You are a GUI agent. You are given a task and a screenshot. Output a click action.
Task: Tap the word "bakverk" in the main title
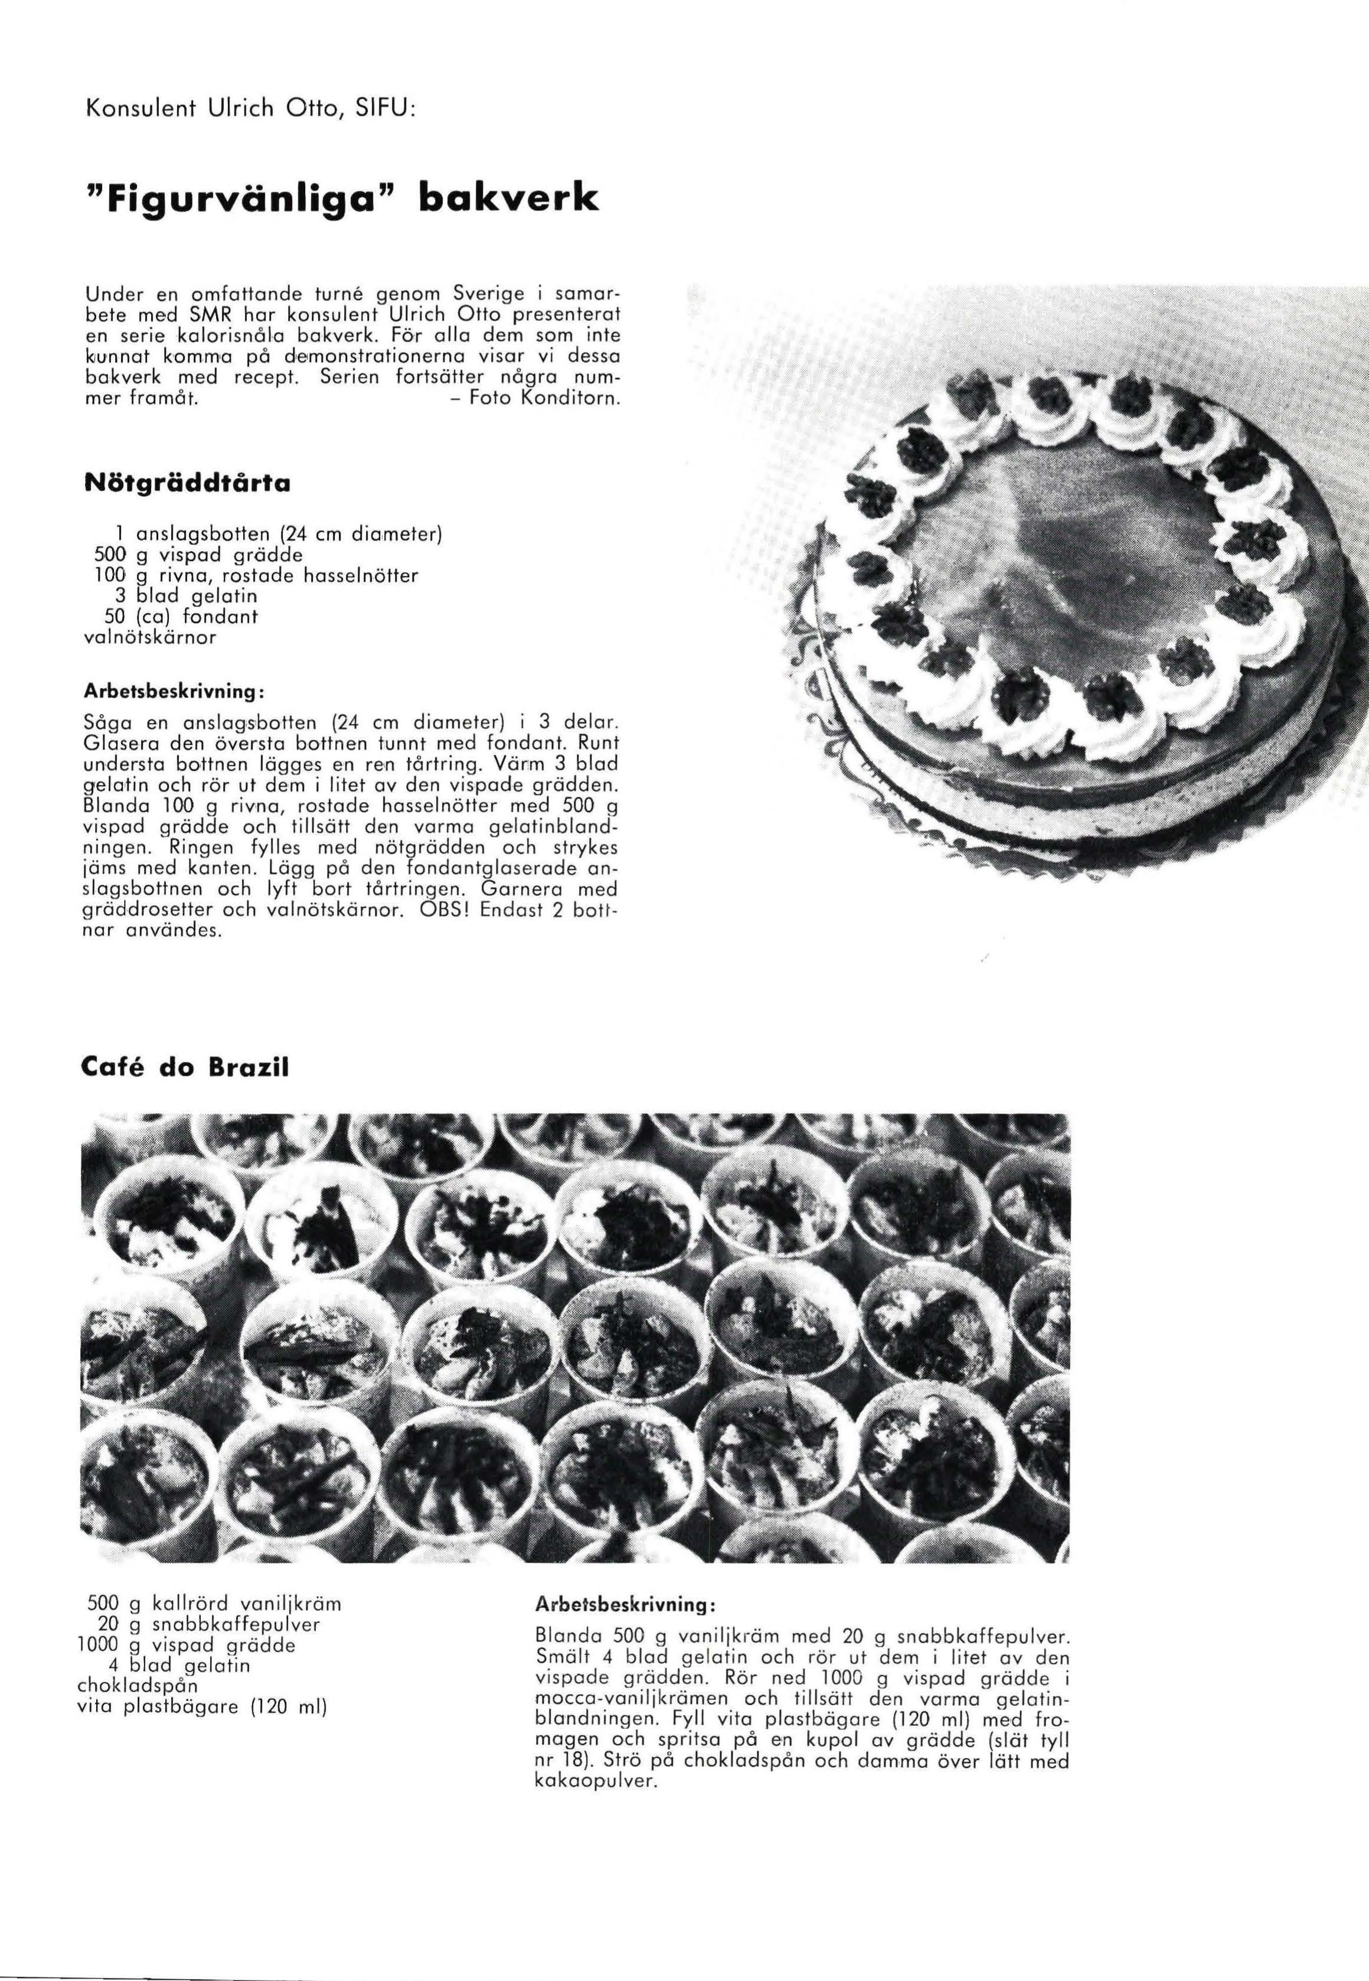click(506, 199)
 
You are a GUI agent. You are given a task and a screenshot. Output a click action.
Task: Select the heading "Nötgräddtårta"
click(188, 483)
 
